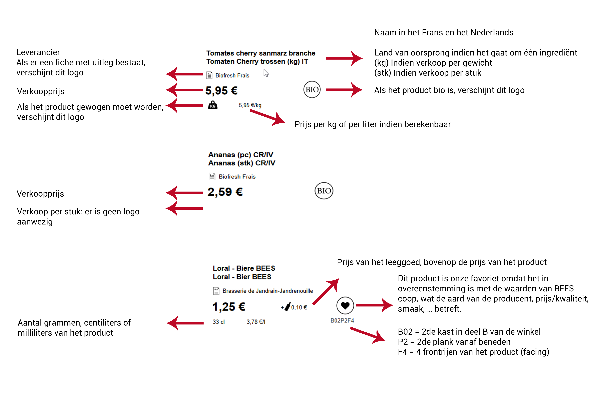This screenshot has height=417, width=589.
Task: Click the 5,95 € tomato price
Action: (221, 91)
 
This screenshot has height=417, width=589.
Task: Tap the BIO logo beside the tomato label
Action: (312, 90)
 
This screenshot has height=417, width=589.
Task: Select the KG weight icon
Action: (213, 105)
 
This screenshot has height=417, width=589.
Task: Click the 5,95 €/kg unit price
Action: (250, 105)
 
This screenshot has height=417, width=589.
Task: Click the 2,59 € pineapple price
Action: (225, 192)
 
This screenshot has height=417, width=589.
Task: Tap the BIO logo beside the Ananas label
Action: (324, 191)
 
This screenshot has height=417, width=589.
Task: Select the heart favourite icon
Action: (345, 305)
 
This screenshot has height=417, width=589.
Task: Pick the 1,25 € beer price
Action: (229, 307)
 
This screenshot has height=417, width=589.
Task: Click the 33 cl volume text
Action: (219, 322)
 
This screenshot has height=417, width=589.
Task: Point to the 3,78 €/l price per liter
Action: (256, 322)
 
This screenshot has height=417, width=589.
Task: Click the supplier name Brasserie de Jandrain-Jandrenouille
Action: (268, 291)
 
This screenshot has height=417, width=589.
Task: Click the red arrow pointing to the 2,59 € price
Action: (184, 193)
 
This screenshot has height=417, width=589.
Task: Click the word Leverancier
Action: (38, 52)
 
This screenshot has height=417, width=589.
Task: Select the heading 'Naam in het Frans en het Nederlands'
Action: (444, 33)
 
